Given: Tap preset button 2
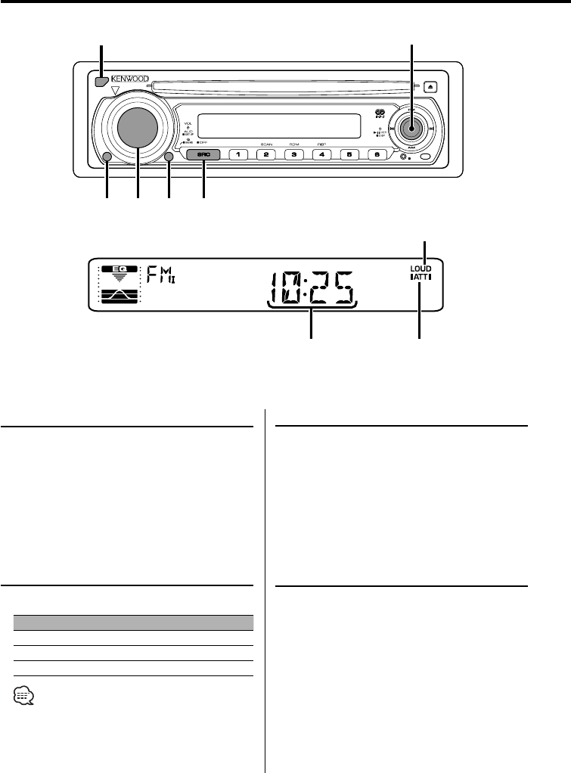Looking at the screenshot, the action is point(265,155).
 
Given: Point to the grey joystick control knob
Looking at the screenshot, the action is point(412,129).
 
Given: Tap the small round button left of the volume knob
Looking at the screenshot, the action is point(106,157).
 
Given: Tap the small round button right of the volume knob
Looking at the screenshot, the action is point(169,157).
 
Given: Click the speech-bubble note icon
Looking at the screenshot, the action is point(23,694).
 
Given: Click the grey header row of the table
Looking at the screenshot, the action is point(133,622).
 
